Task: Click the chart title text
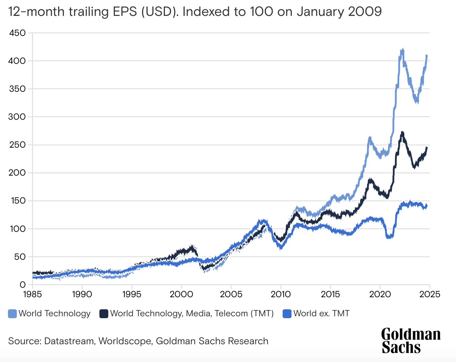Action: point(195,12)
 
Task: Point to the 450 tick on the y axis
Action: point(17,33)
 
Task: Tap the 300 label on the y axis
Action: point(17,117)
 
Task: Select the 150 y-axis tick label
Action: point(17,201)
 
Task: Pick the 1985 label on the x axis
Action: point(32,294)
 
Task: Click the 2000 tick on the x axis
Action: point(181,294)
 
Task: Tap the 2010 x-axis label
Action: point(281,294)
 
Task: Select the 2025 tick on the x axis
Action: point(430,294)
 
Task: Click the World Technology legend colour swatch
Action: point(12,314)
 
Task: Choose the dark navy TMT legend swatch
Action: point(104,314)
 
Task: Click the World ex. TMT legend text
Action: point(321,314)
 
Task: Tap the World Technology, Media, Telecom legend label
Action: point(192,314)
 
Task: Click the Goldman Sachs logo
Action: point(411,341)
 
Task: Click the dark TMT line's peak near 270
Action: point(402,132)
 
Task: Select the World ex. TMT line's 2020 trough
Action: point(389,237)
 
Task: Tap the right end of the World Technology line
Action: point(427,56)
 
